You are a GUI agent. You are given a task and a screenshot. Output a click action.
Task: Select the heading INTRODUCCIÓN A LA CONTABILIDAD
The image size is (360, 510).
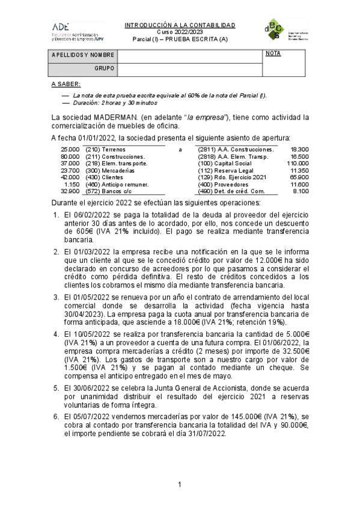tap(180, 25)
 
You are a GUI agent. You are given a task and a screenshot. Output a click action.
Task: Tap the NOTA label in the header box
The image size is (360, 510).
tap(273, 54)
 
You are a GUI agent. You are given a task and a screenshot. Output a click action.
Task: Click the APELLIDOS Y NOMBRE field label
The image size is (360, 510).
tap(83, 55)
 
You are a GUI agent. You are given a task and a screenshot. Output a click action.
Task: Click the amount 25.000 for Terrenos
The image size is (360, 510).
tap(70, 149)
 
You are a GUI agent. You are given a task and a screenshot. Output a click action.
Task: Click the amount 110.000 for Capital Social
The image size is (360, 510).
tap(297, 163)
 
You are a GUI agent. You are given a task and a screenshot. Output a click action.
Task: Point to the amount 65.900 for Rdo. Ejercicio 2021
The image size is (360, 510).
tap(299, 177)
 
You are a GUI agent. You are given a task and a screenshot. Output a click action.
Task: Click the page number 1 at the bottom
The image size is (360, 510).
tap(180, 485)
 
